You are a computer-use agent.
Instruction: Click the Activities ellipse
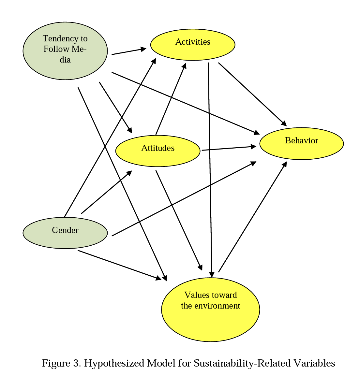(x=192, y=45)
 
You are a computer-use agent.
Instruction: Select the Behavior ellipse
(x=301, y=143)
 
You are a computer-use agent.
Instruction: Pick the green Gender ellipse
(x=65, y=233)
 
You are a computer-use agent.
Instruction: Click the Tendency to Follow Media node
(x=65, y=51)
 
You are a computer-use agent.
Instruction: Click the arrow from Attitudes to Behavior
(x=228, y=148)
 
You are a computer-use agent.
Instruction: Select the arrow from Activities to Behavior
(x=252, y=94)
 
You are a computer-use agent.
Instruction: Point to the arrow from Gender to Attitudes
(x=106, y=192)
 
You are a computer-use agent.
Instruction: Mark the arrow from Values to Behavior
(x=252, y=217)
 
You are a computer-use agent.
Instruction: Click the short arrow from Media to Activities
(x=128, y=51)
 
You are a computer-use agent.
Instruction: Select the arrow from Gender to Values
(x=119, y=265)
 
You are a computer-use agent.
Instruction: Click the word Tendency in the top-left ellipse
(x=57, y=38)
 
